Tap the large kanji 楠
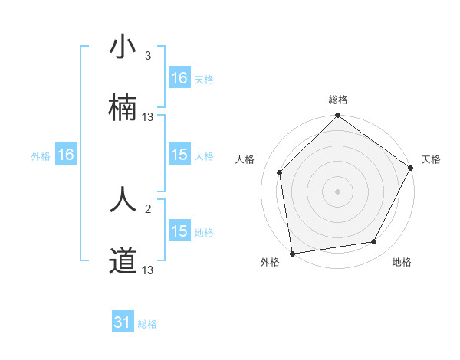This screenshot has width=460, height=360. (x=123, y=108)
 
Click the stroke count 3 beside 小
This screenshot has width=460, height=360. (x=148, y=56)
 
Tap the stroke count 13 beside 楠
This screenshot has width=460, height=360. (x=148, y=117)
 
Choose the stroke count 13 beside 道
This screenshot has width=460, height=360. (x=148, y=270)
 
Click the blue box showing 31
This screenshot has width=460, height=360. (x=123, y=322)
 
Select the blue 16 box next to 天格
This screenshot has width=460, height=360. (x=179, y=78)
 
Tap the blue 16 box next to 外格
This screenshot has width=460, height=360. (x=66, y=155)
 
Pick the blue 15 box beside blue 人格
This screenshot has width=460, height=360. (x=179, y=155)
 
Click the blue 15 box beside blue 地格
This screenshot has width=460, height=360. (x=179, y=231)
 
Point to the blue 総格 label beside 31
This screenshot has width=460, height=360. (x=147, y=324)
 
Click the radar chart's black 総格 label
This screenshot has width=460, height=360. (x=338, y=100)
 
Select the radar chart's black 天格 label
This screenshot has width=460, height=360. (x=431, y=159)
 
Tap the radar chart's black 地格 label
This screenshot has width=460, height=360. (x=402, y=262)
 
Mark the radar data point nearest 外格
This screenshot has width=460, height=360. (x=292, y=253)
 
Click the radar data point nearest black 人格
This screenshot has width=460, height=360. (x=280, y=172)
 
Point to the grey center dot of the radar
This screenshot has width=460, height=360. (x=337, y=191)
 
